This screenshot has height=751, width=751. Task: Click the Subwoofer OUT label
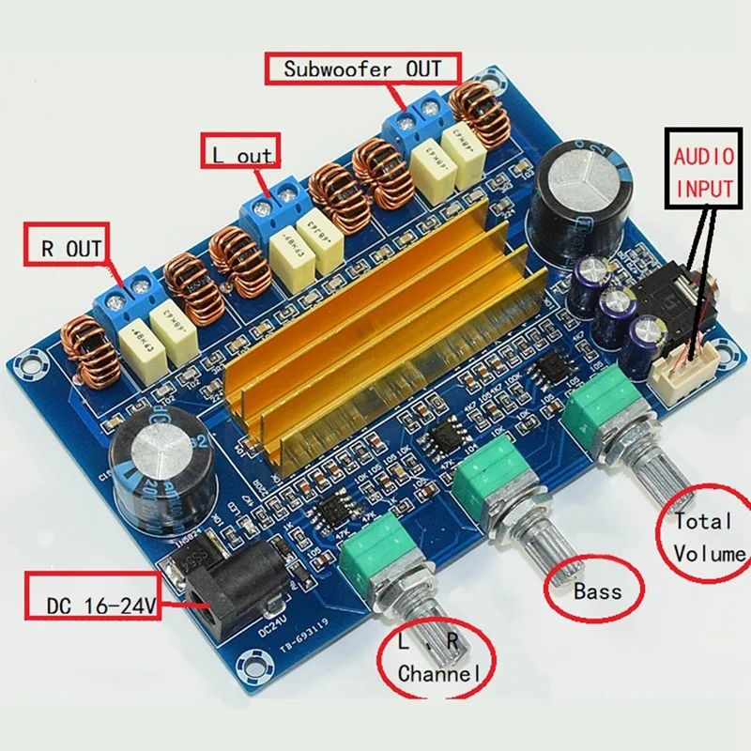click(x=362, y=69)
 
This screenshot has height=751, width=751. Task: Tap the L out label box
click(x=239, y=156)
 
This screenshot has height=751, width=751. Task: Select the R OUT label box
click(x=69, y=248)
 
